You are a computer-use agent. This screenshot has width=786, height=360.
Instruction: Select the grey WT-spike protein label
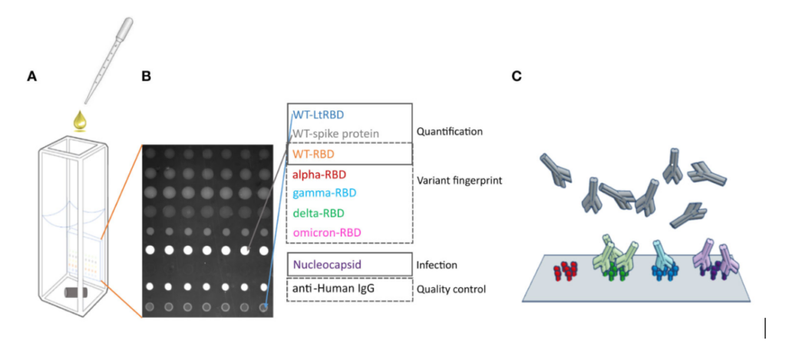tap(336, 134)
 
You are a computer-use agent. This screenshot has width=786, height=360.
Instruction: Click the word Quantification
tap(449, 131)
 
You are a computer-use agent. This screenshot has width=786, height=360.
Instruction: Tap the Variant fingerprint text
tap(459, 181)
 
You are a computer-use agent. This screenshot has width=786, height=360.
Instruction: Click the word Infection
tap(437, 265)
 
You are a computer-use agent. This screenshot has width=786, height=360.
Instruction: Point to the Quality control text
tap(451, 289)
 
